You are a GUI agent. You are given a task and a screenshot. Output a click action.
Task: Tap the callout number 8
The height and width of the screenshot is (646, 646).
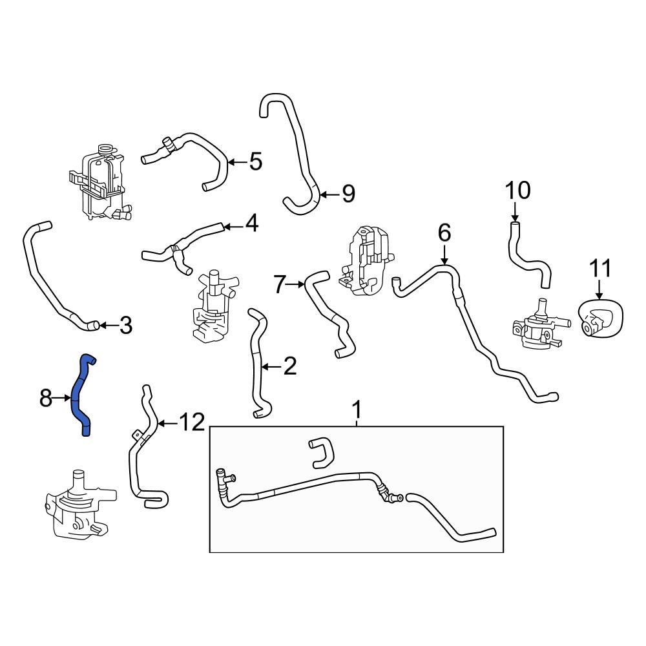point(45,399)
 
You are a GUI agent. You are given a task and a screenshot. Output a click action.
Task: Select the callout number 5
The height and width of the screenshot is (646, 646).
point(255,161)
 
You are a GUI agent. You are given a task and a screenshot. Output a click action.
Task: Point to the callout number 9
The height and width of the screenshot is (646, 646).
point(348,194)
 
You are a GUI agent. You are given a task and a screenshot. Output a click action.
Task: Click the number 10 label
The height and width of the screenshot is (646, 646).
point(517,191)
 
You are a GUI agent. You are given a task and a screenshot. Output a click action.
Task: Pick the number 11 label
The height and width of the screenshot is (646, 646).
point(600,268)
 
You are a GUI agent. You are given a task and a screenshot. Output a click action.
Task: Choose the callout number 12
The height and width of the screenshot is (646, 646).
point(192,422)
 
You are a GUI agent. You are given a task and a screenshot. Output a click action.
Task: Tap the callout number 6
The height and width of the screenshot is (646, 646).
point(444,233)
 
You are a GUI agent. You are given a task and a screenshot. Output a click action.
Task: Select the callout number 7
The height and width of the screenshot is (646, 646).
point(280,284)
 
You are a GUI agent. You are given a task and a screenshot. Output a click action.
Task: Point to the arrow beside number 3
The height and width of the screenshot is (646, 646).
point(109,326)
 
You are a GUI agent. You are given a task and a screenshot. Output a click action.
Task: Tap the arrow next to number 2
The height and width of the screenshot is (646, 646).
point(271,366)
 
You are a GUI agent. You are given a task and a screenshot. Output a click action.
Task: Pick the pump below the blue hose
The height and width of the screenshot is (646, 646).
point(80,505)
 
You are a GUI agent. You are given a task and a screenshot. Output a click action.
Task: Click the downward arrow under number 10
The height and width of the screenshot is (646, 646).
point(515,211)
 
